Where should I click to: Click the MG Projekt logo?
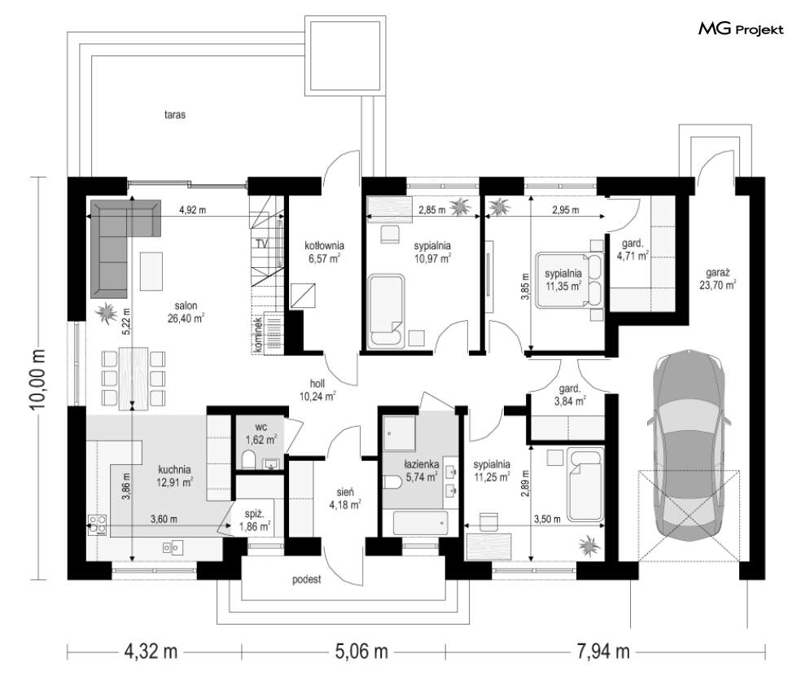click(x=741, y=29)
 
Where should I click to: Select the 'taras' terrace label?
click(x=175, y=115)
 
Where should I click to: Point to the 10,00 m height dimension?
click(x=38, y=380)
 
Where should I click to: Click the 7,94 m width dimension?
click(x=603, y=652)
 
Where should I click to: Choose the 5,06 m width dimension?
click(x=361, y=652)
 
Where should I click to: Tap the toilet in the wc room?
click(x=248, y=459)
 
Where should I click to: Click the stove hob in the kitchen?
click(x=98, y=524)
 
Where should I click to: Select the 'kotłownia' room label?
click(x=324, y=246)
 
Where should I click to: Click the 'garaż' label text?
click(x=718, y=274)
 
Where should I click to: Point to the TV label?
click(x=262, y=244)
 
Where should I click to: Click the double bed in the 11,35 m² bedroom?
click(x=570, y=279)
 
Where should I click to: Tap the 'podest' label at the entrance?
click(x=307, y=580)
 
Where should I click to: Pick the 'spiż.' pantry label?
click(x=255, y=514)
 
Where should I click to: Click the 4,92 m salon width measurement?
click(x=192, y=210)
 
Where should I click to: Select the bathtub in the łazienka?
click(x=421, y=524)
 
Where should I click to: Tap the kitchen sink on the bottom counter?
click(x=173, y=547)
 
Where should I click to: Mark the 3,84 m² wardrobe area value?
click(x=570, y=401)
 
